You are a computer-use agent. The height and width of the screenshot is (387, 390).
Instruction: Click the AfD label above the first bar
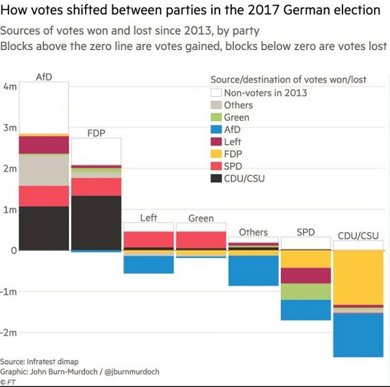tap(44, 77)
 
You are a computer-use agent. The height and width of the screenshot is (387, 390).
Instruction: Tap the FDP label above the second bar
tap(96, 133)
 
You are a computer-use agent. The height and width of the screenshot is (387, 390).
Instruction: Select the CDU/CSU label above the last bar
tap(358, 235)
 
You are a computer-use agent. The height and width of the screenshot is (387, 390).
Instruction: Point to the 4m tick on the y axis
tap(10, 87)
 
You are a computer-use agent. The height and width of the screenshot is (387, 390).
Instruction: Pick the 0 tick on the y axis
tap(13, 250)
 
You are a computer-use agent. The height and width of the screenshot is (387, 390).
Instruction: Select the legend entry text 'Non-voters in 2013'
tap(265, 92)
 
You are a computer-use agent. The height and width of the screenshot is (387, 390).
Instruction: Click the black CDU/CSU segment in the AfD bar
tap(44, 228)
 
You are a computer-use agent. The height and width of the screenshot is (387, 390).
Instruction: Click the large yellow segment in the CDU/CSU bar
tap(358, 276)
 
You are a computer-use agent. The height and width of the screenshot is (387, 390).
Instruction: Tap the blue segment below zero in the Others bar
tap(253, 271)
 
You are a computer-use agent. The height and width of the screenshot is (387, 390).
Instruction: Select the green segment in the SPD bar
tap(305, 291)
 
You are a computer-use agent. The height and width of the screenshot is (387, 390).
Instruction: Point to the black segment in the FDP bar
tap(96, 222)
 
